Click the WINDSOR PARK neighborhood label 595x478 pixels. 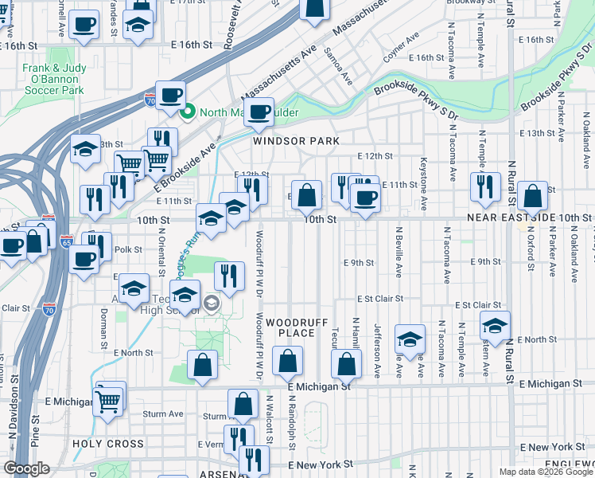(296, 141)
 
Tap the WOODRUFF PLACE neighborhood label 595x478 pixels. (291, 327)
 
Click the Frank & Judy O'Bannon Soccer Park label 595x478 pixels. (52, 80)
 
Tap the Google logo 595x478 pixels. (27, 468)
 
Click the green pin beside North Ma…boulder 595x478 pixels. (189, 112)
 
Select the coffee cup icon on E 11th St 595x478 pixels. (365, 199)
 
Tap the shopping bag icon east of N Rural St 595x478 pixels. (532, 196)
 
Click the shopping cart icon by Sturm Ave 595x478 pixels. (108, 401)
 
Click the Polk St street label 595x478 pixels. (127, 249)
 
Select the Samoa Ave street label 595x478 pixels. (336, 66)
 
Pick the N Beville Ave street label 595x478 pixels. (399, 251)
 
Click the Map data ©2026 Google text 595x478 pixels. (545, 472)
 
